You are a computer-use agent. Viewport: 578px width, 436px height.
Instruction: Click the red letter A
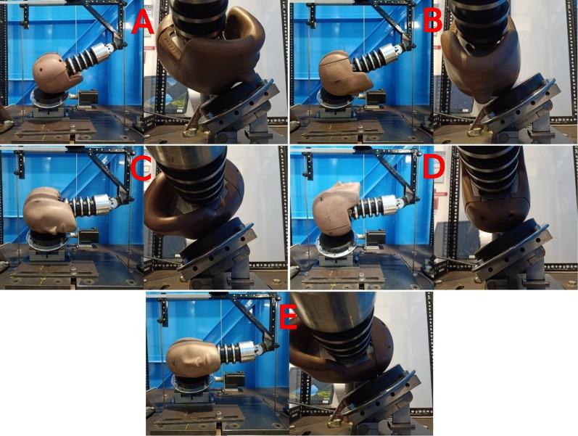click(143, 22)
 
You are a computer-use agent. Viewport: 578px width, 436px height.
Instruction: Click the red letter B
click(432, 21)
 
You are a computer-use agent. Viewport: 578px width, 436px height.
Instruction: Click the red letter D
click(434, 168)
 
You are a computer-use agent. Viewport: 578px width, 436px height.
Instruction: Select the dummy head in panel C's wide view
click(48, 210)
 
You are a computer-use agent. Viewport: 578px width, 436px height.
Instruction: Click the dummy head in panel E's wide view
click(194, 357)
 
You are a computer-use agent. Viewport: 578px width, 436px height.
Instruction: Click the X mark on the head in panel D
click(323, 200)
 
